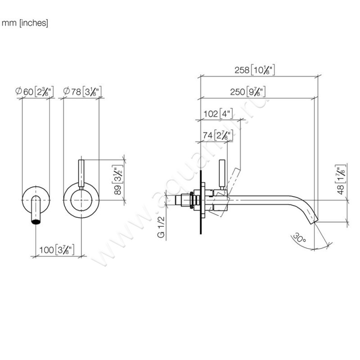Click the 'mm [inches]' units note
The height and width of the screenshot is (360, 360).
pos(25,23)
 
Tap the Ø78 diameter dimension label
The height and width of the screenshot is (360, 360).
pos(81,92)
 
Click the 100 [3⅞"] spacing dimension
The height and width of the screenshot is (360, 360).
pos(57,249)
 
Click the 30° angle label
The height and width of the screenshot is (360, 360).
pos(298,237)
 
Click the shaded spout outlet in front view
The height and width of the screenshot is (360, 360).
pos(36,220)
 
